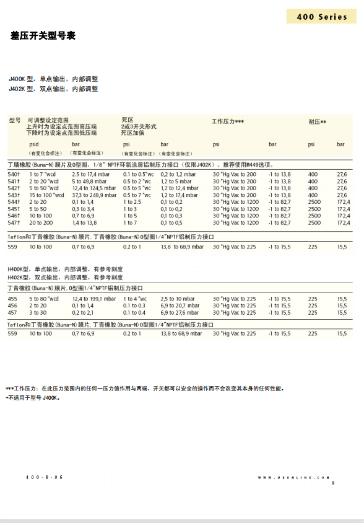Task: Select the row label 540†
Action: click(x=14, y=175)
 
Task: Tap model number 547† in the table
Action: click(x=14, y=222)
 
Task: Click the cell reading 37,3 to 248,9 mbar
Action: click(x=94, y=195)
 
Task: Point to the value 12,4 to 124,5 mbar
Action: click(x=94, y=188)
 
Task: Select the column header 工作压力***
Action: click(x=228, y=121)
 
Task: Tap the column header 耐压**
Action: click(x=317, y=121)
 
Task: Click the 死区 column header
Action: click(x=127, y=119)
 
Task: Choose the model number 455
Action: click(x=12, y=299)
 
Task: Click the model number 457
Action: click(x=12, y=312)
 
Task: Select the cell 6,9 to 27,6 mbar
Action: click(x=180, y=312)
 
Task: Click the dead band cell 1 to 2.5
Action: click(x=132, y=202)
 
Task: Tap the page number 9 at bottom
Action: click(x=332, y=483)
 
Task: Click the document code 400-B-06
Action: click(x=45, y=477)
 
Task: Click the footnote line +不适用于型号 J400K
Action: click(x=32, y=398)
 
